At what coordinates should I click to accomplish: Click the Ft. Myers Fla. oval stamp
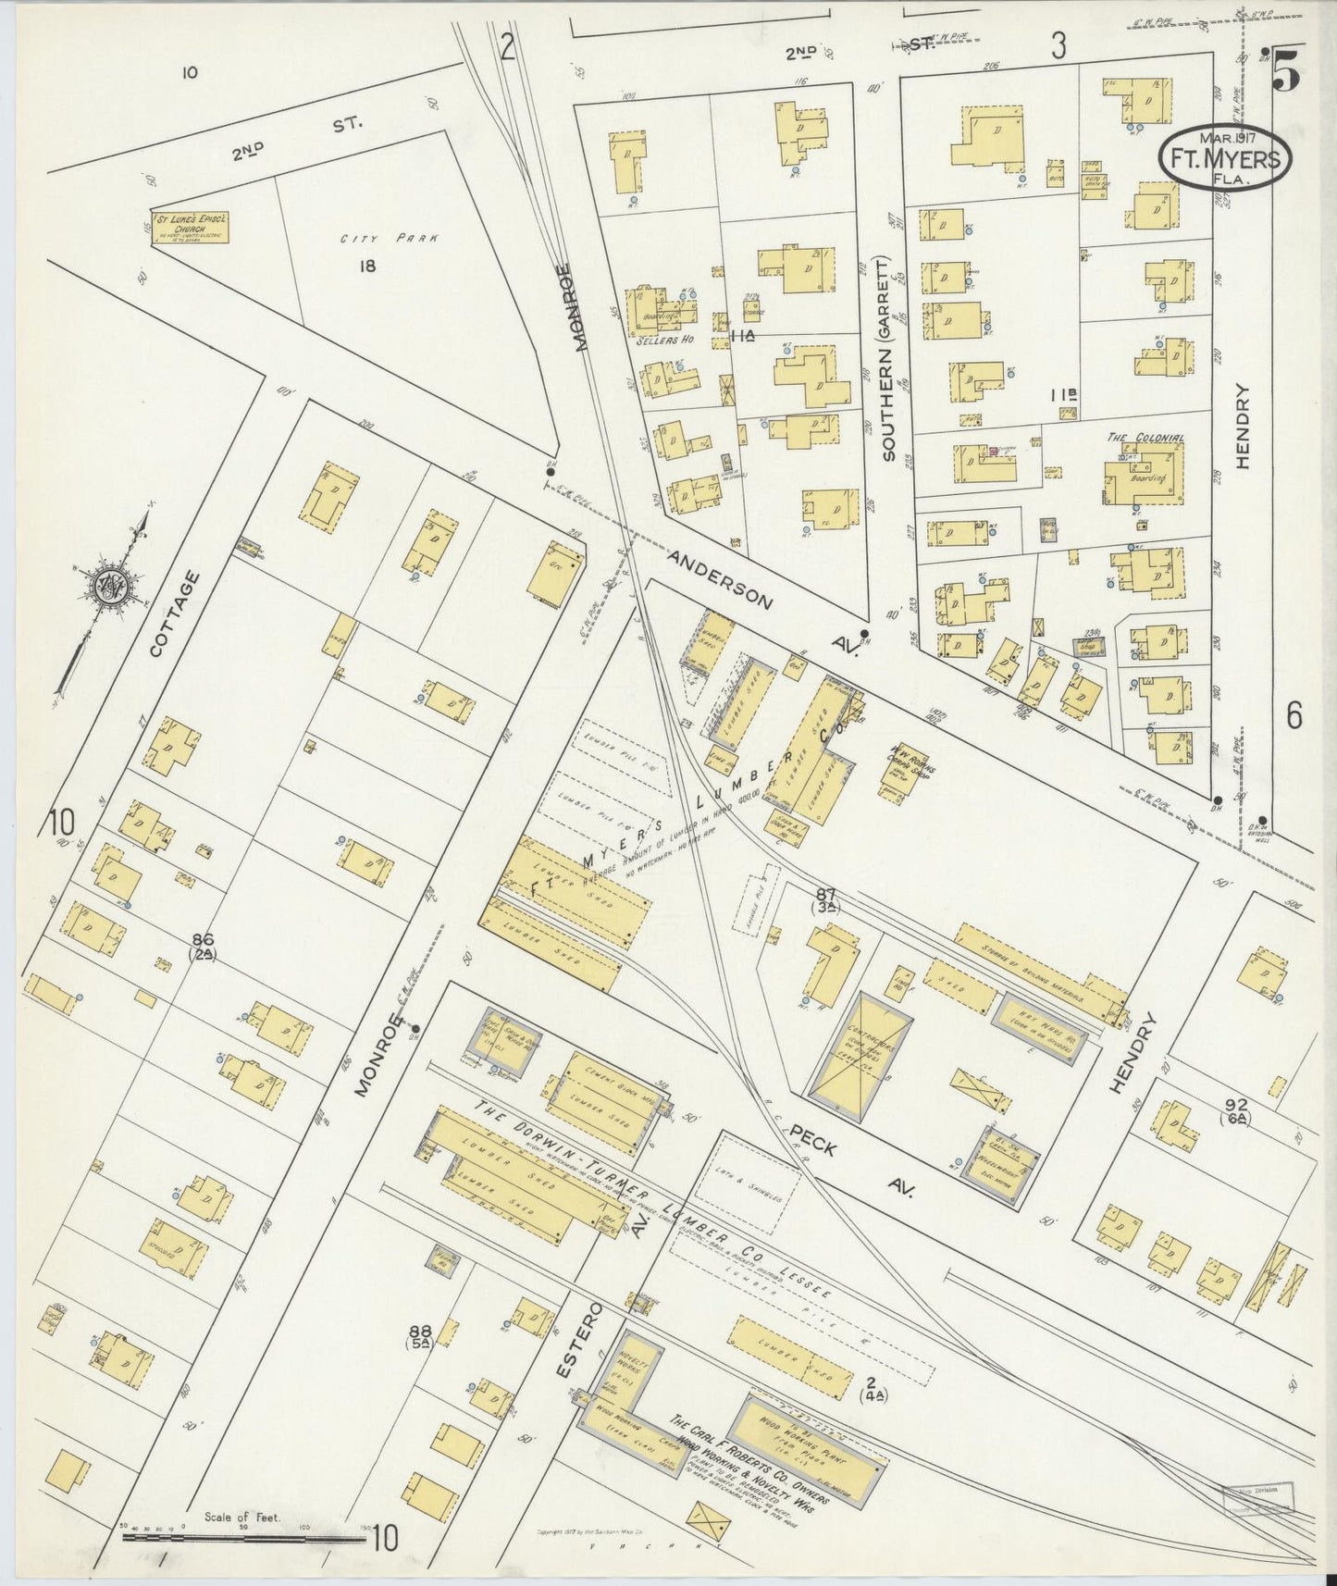tap(1224, 158)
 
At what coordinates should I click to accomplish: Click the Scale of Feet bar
tap(245, 1538)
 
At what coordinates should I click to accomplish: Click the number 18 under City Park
tap(367, 266)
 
